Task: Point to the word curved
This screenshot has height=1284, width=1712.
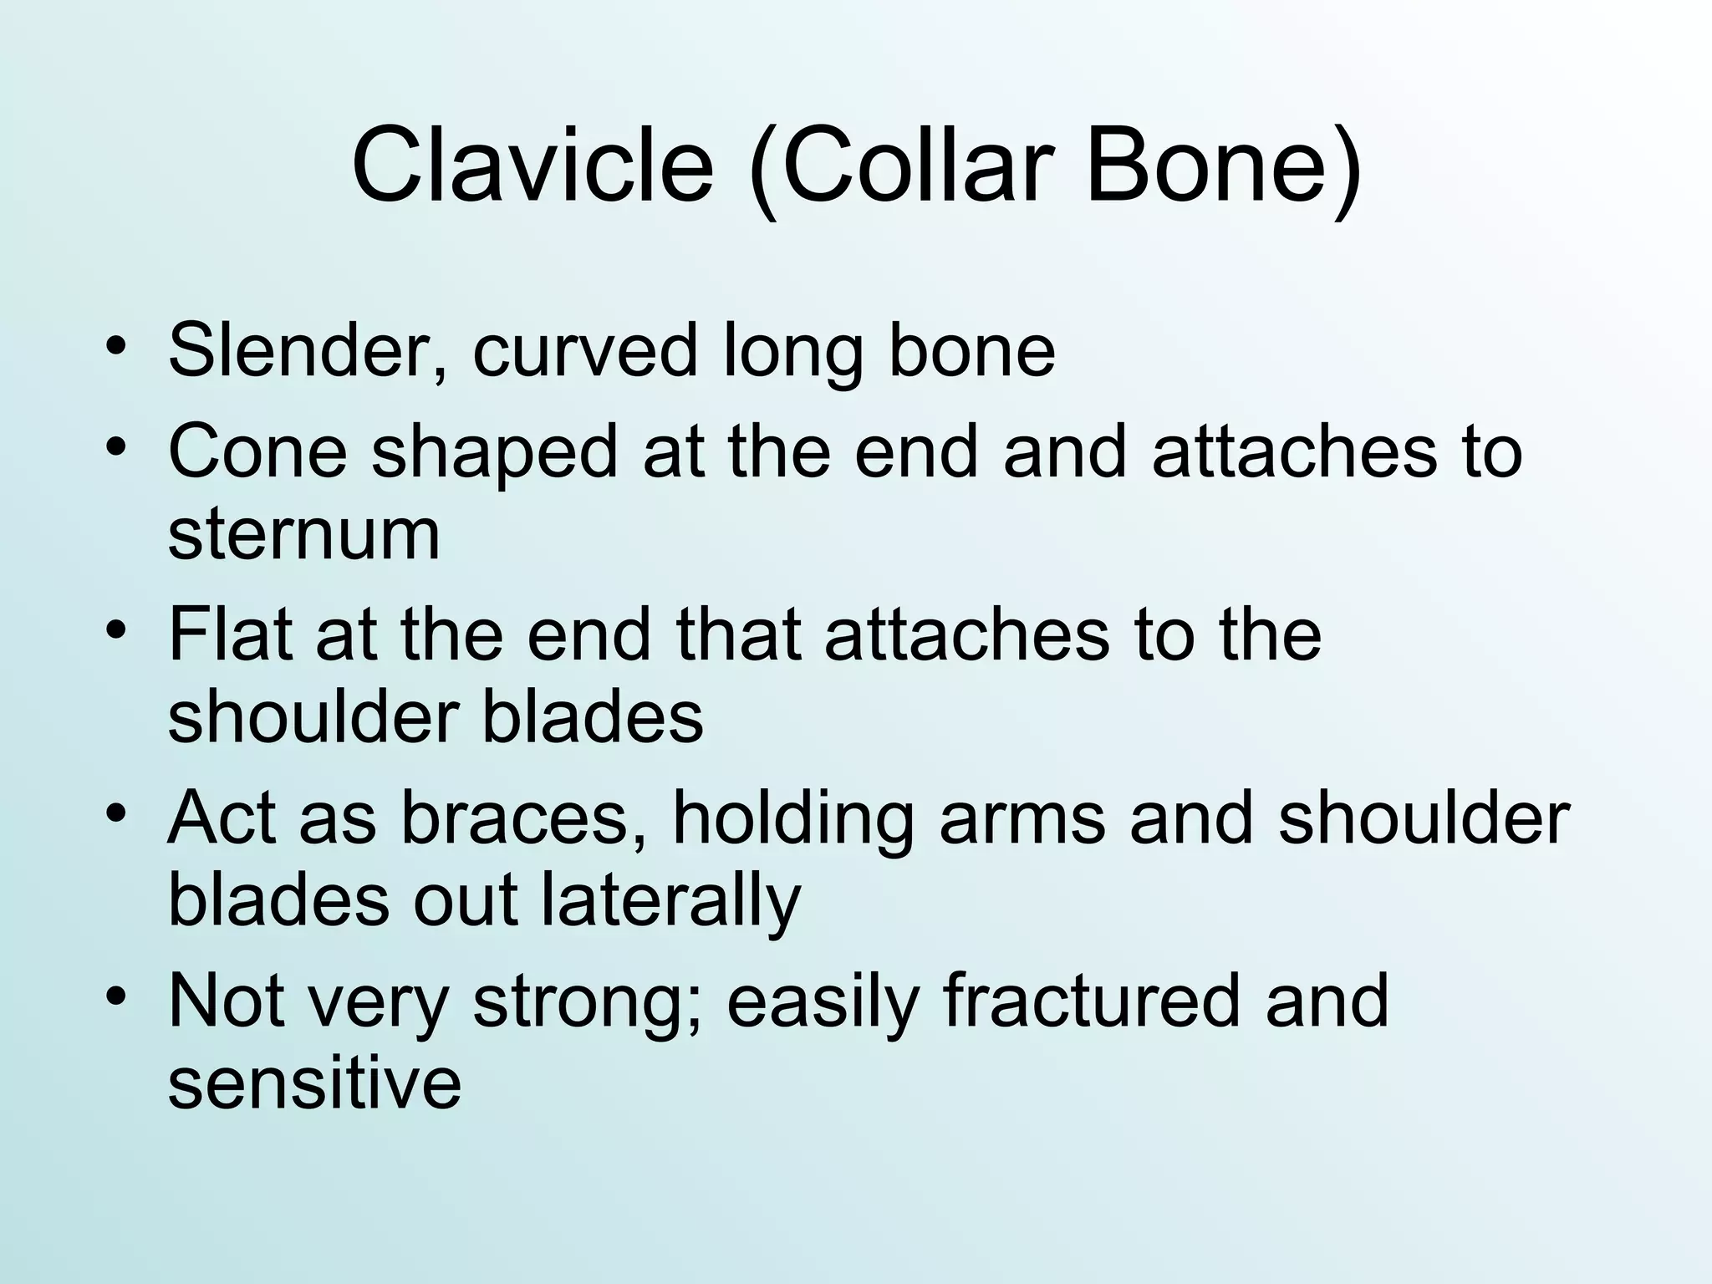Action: [584, 351]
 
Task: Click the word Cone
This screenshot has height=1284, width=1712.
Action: [257, 451]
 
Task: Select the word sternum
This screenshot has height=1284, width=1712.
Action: [303, 535]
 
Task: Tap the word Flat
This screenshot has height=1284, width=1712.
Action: [230, 635]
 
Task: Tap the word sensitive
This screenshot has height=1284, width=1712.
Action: [314, 1084]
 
